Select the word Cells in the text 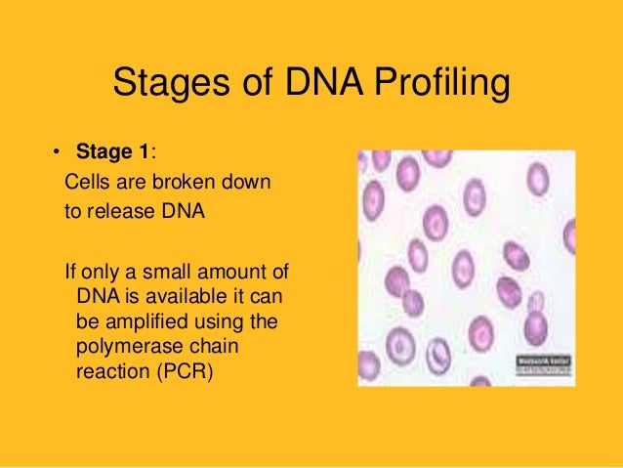86,183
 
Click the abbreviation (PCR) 176,372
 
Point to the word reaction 106,372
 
